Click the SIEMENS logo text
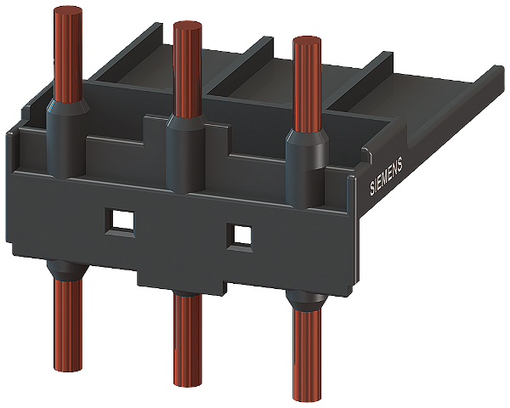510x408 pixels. pyautogui.click(x=386, y=176)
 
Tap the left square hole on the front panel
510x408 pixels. pyautogui.click(x=120, y=223)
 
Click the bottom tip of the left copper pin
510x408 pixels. pyautogui.click(x=68, y=368)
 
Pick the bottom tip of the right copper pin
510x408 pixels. pyautogui.click(x=307, y=398)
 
